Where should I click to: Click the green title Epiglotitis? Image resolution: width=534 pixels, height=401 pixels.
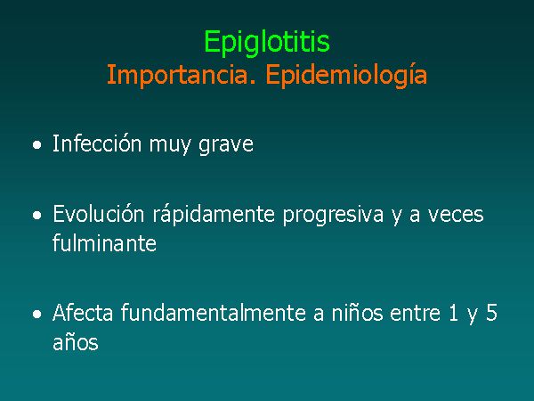[x=267, y=42]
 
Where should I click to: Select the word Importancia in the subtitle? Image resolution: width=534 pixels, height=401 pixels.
[x=182, y=75]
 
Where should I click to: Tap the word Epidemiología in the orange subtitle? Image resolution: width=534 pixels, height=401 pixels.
[x=346, y=75]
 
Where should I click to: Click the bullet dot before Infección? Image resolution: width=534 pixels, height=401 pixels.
[x=37, y=144]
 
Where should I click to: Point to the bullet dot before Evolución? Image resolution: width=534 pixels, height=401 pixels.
[x=37, y=215]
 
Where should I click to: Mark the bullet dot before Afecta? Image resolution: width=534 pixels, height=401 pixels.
[x=37, y=314]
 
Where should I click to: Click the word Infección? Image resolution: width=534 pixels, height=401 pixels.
[x=97, y=143]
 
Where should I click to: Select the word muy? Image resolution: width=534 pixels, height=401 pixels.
[x=170, y=147]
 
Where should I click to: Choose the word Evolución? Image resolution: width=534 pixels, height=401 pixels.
[x=99, y=214]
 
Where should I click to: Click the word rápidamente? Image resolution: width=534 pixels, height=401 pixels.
[x=214, y=215]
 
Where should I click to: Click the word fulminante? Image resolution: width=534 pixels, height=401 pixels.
[x=104, y=242]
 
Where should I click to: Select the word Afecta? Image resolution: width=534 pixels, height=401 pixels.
[x=83, y=313]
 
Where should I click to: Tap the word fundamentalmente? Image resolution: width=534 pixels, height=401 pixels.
[x=214, y=313]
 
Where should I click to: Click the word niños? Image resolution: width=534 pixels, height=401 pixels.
[x=357, y=313]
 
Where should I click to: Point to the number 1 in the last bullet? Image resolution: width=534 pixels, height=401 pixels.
[x=453, y=313]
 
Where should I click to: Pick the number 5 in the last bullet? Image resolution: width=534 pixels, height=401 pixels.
[x=491, y=313]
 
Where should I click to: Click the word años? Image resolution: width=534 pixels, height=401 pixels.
[x=76, y=341]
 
